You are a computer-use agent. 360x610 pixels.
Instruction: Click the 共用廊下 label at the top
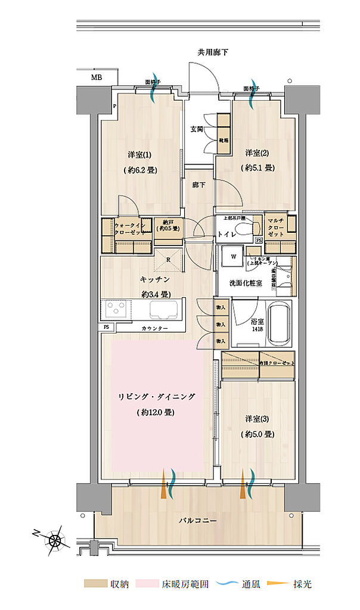[213, 53]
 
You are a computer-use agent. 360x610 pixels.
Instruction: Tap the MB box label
[96, 77]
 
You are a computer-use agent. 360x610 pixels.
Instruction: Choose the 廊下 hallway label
[198, 185]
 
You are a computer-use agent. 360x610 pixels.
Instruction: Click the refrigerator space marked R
[169, 259]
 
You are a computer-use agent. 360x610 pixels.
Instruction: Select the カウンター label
[154, 329]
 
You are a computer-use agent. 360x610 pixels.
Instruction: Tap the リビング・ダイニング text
[157, 396]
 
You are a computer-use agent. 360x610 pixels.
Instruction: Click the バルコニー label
[197, 520]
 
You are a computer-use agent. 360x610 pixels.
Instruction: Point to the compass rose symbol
[55, 540]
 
